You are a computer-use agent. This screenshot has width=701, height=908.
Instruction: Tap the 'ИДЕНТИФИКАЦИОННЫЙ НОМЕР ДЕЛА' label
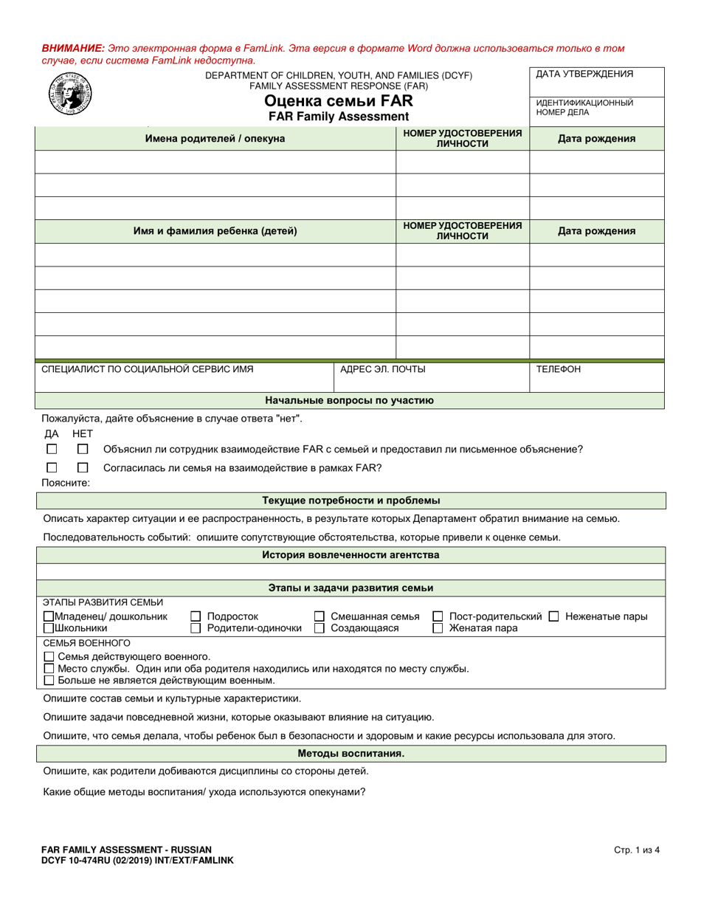click(x=584, y=108)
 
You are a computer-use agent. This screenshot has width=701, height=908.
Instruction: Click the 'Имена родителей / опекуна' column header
click(x=215, y=138)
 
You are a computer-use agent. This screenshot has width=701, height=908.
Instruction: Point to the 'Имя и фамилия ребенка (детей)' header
click(x=215, y=231)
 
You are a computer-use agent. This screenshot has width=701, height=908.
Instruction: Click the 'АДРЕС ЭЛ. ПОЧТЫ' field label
click(x=382, y=369)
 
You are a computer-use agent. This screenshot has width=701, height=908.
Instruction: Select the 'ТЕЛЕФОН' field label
click(x=558, y=369)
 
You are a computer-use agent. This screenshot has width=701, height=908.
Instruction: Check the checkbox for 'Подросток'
click(x=196, y=616)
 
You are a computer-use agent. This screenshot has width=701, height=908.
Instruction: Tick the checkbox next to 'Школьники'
click(x=49, y=628)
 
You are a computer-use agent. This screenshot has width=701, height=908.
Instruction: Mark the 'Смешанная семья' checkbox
click(x=320, y=616)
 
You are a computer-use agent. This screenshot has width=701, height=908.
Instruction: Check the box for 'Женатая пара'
click(x=438, y=628)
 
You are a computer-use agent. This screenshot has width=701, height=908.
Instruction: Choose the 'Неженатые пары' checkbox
click(x=553, y=616)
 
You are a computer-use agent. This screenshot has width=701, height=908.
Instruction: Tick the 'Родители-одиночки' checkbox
click(x=196, y=628)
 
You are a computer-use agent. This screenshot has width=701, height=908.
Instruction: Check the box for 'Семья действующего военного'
click(x=49, y=656)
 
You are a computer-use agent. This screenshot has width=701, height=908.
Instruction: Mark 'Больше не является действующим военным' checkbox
click(x=49, y=680)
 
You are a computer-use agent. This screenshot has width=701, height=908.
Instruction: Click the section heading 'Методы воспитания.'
click(x=350, y=754)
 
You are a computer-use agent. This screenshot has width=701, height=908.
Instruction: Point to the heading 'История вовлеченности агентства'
click(x=350, y=554)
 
